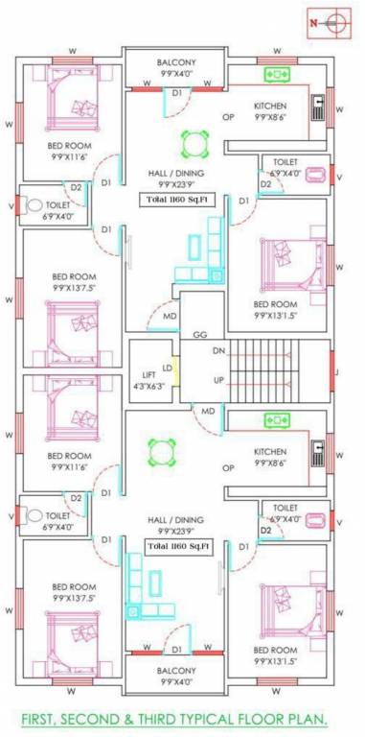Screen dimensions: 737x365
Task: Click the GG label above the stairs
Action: [200, 335]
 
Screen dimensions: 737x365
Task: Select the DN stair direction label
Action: [218, 351]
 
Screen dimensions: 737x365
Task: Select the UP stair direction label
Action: [218, 380]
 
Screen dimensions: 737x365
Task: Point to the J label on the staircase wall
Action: [335, 366]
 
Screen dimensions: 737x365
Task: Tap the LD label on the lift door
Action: [168, 368]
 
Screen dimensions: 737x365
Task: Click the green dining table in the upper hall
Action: [194, 145]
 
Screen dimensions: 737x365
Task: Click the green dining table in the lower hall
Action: [164, 449]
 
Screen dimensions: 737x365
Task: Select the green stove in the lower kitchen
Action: [277, 420]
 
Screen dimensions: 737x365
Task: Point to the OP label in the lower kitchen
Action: [228, 467]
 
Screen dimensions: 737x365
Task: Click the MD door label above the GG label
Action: [169, 316]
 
